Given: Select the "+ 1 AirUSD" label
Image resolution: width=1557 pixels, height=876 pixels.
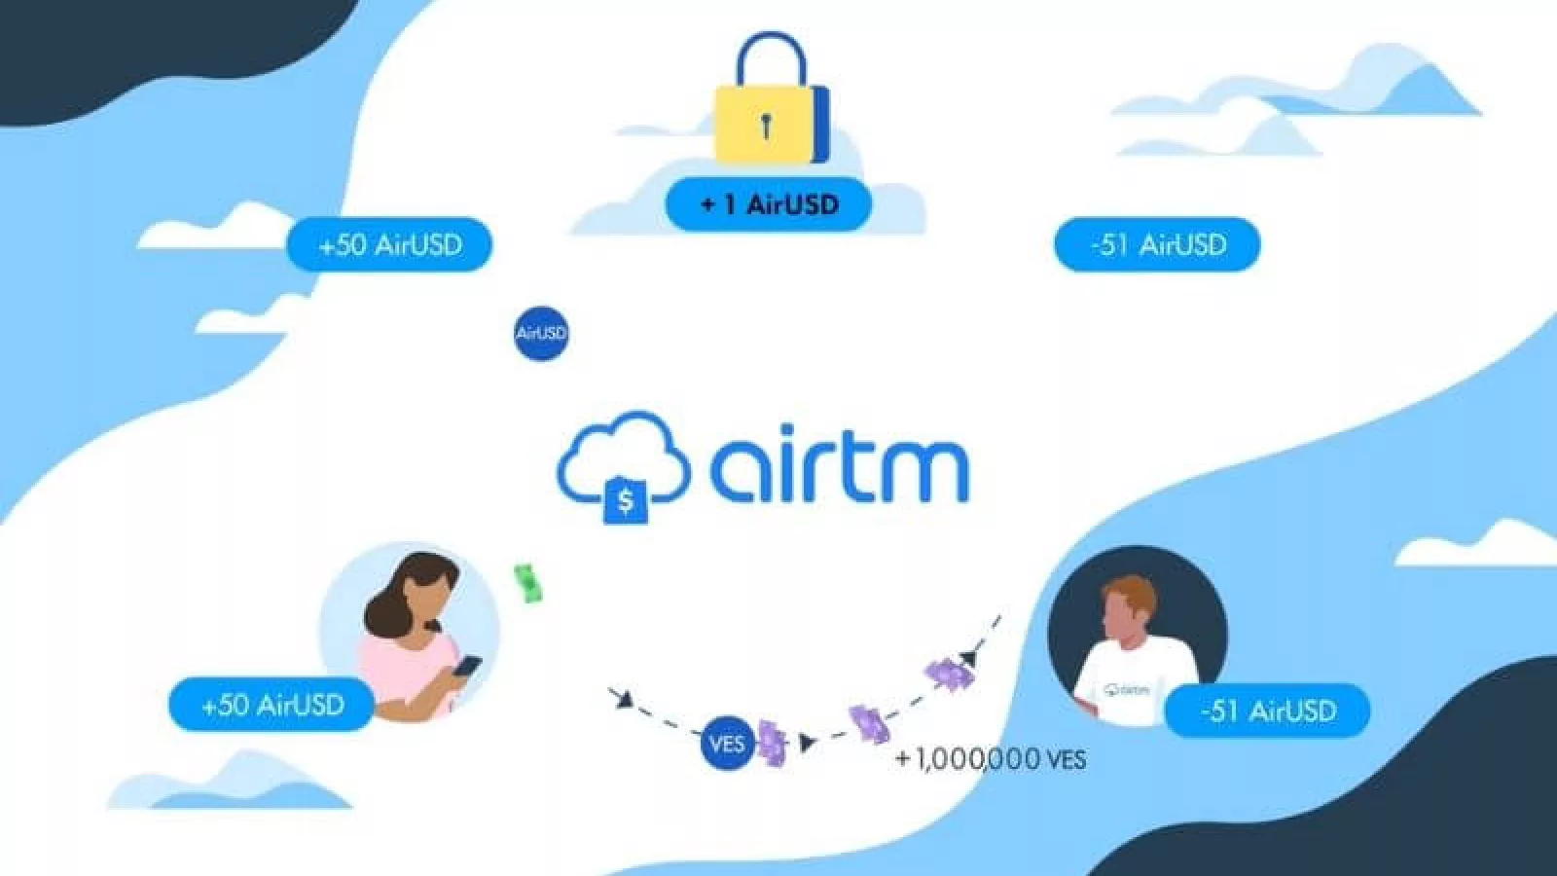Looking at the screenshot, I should (x=769, y=204).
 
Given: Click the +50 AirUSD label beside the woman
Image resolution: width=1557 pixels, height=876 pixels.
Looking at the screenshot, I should (x=272, y=704).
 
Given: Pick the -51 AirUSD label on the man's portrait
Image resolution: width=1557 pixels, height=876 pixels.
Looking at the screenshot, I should (x=1268, y=711).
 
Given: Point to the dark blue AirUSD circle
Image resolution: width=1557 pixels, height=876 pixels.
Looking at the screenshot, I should (x=540, y=333).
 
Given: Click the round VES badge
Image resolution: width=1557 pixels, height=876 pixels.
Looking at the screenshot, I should (x=726, y=745).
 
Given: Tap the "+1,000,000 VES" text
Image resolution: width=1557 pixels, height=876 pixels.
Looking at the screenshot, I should (x=990, y=758).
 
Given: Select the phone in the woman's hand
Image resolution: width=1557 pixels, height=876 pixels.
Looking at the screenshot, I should (x=467, y=668).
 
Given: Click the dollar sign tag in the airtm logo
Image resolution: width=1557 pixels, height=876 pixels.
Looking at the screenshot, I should (x=625, y=500).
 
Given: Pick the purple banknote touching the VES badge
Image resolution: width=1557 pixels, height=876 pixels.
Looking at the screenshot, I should (x=772, y=743).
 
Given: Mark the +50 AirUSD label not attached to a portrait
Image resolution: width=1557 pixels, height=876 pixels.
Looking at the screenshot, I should (x=389, y=244).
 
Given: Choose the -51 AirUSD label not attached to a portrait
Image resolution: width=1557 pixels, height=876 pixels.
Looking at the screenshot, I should (x=1157, y=244).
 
